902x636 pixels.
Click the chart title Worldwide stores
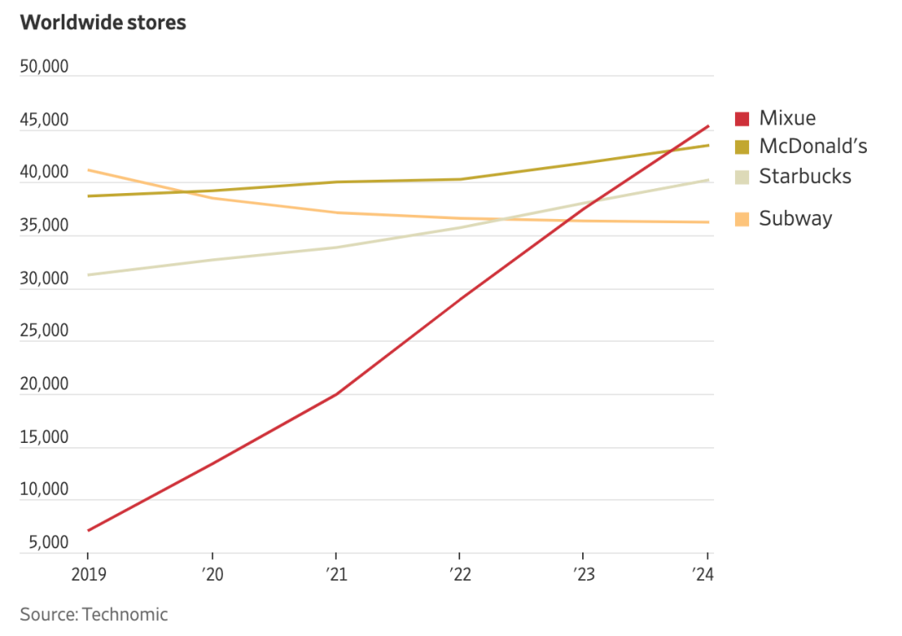click(103, 23)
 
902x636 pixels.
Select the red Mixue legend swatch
click(742, 119)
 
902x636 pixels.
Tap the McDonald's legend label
click(813, 146)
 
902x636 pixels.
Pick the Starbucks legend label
click(805, 176)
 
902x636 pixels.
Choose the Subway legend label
click(795, 219)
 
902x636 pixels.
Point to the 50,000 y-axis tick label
click(45, 68)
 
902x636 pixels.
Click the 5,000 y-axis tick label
click(48, 543)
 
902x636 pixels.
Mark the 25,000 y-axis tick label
click(45, 331)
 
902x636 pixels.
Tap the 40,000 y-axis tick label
click(45, 173)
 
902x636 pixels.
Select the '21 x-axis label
click(336, 574)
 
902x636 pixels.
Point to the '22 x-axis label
click(459, 574)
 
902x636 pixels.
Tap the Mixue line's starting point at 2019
click(88, 530)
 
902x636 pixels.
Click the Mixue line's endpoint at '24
click(708, 126)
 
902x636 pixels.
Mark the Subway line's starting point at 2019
click(88, 170)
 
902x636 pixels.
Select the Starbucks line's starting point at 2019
click(88, 275)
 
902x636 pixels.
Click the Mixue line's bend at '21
click(336, 394)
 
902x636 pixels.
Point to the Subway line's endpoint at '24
click(708, 222)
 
